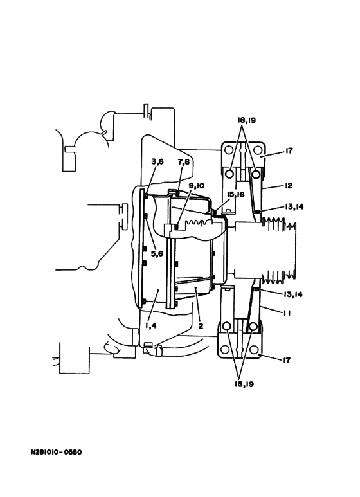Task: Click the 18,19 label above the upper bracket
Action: click(x=247, y=120)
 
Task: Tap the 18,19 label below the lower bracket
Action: click(x=244, y=384)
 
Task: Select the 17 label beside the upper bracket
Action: click(x=289, y=150)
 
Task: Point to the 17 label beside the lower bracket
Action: click(x=286, y=361)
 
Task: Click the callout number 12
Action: click(x=289, y=186)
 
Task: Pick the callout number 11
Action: click(x=287, y=313)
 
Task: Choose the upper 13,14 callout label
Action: click(x=294, y=206)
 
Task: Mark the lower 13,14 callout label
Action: click(x=293, y=294)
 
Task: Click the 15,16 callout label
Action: click(x=235, y=195)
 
